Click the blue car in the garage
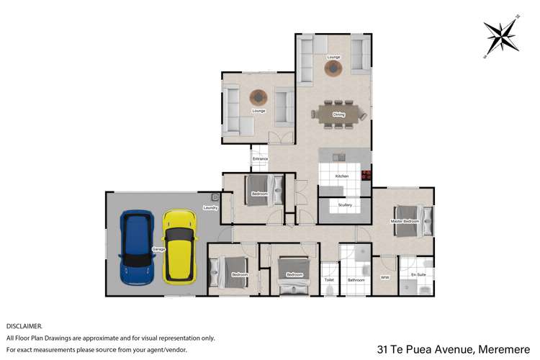tap(137, 247)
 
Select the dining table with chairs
tap(338, 114)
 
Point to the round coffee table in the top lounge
tap(333, 68)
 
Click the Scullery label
tap(345, 205)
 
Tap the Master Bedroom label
tap(404, 221)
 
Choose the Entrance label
tap(260, 158)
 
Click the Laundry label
tap(210, 208)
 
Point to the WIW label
tap(384, 276)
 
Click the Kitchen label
tap(342, 176)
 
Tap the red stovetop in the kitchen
tap(366, 174)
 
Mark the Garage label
tap(159, 249)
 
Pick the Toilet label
tap(329, 279)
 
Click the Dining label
tap(338, 114)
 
